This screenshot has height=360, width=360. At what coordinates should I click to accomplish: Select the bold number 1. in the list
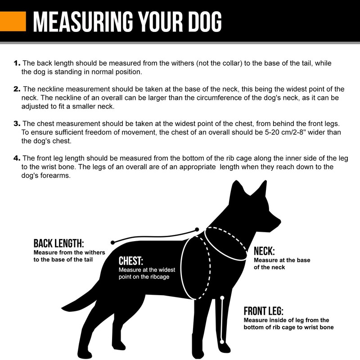(17, 63)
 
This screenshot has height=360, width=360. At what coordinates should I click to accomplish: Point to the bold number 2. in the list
(17, 89)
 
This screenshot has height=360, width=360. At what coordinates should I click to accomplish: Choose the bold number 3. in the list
(17, 123)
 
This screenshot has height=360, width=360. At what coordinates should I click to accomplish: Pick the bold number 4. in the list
(17, 158)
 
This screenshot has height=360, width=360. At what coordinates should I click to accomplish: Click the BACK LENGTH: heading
(58, 243)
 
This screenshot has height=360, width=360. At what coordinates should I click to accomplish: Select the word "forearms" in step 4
(56, 176)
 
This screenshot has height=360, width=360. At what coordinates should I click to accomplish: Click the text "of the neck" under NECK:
(269, 267)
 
